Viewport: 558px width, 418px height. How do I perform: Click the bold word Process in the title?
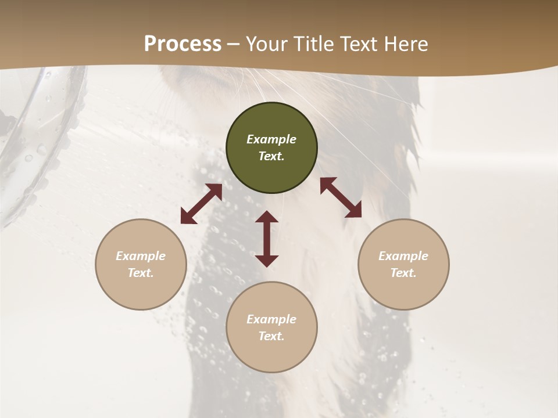click(x=183, y=44)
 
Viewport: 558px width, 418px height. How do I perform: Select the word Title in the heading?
click(x=313, y=44)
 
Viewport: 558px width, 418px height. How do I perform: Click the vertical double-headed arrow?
click(x=267, y=239)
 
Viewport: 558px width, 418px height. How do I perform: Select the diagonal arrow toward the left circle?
click(x=201, y=204)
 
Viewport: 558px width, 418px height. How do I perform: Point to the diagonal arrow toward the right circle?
click(x=341, y=197)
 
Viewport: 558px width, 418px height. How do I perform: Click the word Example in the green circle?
click(x=271, y=139)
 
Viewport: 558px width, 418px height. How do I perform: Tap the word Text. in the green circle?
click(x=271, y=156)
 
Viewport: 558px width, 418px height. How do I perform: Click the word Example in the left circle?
click(x=141, y=256)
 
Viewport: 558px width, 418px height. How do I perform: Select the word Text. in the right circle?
click(x=403, y=273)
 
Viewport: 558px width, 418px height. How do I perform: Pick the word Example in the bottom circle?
click(x=271, y=319)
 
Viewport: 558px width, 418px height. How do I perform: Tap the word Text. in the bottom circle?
click(x=271, y=336)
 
